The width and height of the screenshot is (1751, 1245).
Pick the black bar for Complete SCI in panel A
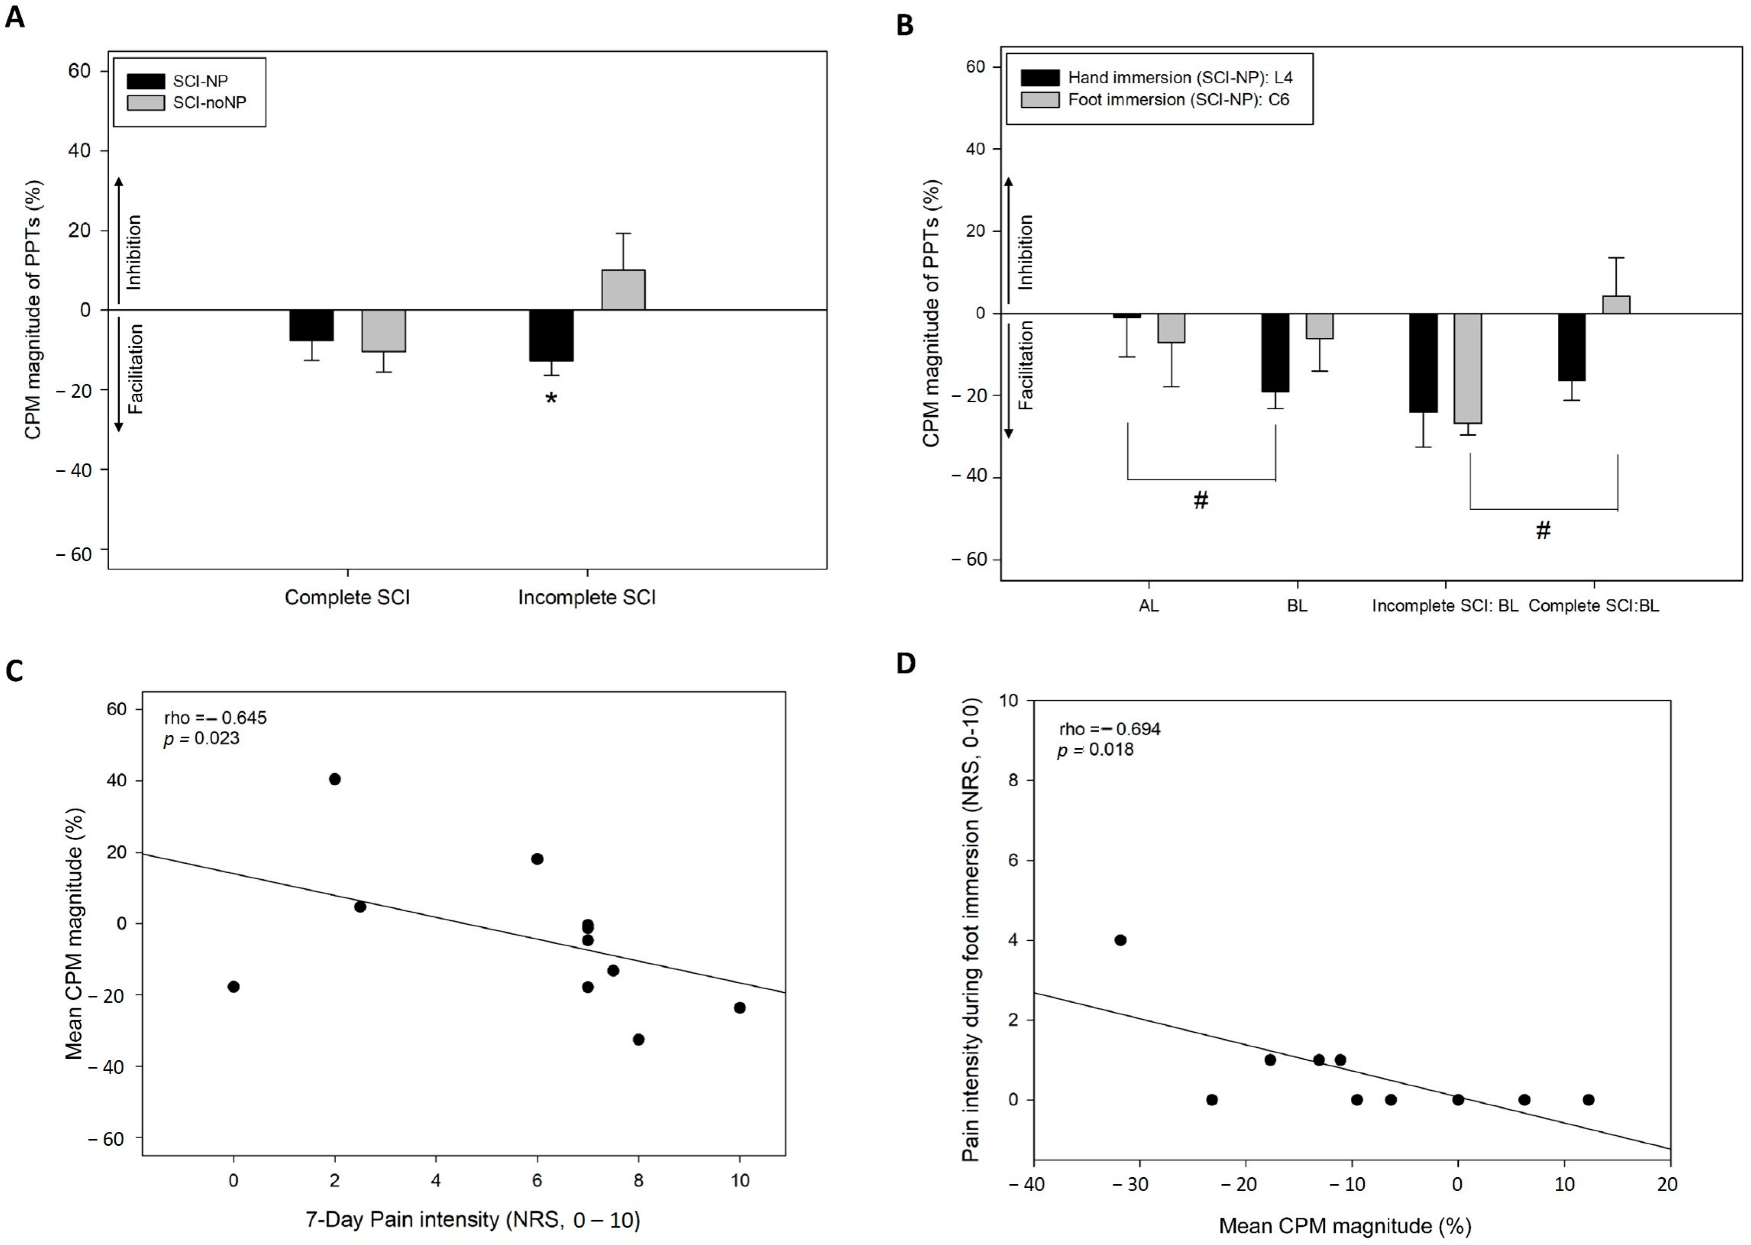point(311,325)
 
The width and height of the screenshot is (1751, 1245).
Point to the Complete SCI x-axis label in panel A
point(347,597)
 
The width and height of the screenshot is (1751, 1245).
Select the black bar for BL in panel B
point(1275,353)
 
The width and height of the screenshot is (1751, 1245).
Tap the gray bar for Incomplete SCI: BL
point(1467,368)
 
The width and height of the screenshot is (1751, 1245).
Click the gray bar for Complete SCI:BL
point(1616,304)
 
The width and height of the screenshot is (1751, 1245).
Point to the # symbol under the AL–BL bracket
point(1200,501)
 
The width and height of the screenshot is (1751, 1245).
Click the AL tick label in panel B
point(1149,606)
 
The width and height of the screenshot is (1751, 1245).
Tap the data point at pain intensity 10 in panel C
point(740,1008)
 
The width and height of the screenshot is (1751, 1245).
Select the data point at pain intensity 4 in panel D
point(1120,940)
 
